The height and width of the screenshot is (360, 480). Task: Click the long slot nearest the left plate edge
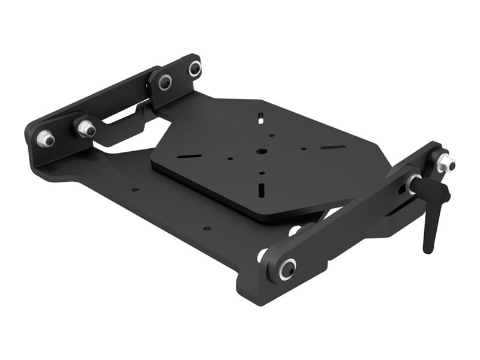coord(191,157)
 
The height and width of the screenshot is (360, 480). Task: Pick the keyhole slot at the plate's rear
coord(262,116)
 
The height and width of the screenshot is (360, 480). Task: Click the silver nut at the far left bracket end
coord(45,139)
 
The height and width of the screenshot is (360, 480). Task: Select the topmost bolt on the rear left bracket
coord(194,70)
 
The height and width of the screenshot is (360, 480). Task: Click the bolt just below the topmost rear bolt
coord(164,83)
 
